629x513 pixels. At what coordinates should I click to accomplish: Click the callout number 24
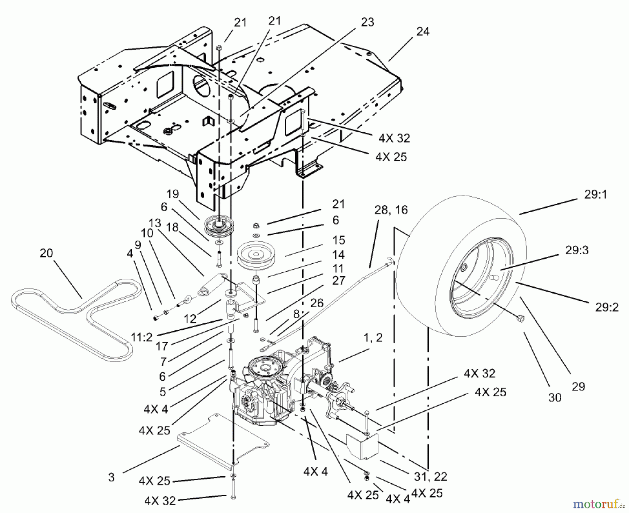422,31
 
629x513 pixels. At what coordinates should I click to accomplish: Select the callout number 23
367,22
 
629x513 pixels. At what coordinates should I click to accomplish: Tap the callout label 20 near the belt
46,253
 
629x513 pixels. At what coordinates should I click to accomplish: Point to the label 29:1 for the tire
595,195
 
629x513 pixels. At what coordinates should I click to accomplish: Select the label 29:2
607,307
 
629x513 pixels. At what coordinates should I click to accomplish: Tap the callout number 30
555,397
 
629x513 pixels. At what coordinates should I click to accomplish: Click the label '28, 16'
391,210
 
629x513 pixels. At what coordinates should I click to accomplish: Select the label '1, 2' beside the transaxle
373,337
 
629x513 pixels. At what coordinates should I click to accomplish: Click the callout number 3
111,477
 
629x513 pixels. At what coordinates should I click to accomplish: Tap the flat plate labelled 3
224,440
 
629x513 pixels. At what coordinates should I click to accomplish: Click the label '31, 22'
431,476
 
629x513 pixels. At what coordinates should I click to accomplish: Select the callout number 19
173,194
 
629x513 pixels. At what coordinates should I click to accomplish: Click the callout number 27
339,280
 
